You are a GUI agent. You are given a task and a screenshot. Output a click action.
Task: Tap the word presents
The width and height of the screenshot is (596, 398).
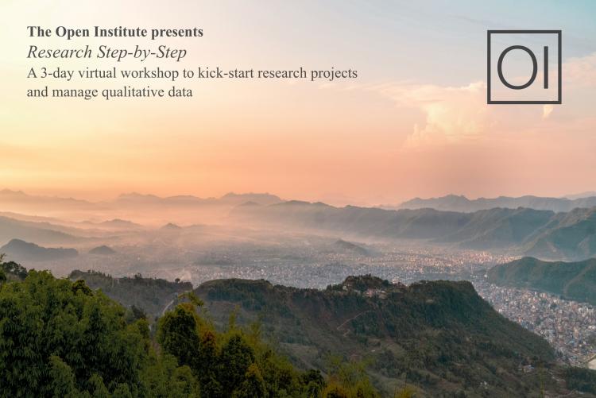click(177, 33)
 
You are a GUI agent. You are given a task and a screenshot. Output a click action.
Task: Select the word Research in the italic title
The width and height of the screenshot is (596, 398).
click(55, 52)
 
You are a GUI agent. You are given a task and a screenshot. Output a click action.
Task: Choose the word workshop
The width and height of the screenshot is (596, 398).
click(154, 72)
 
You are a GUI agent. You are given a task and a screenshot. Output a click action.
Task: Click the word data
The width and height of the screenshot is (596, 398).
click(181, 92)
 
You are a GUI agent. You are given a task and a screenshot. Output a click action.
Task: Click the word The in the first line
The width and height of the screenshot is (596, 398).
click(37, 33)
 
